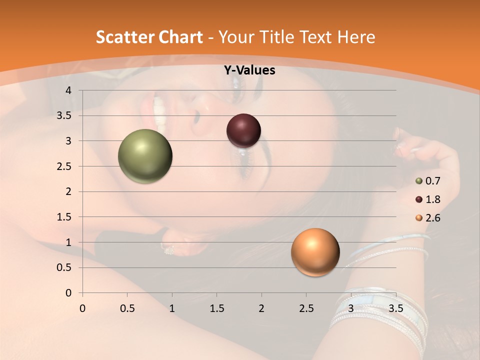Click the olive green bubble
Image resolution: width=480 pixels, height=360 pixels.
click(145, 156)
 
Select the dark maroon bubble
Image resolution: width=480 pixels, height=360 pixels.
click(243, 131)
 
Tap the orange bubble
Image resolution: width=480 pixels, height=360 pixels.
click(315, 252)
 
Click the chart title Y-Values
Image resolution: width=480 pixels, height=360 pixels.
click(249, 70)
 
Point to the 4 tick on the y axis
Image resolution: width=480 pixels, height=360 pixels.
click(69, 90)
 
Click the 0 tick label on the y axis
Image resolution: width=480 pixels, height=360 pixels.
click(69, 293)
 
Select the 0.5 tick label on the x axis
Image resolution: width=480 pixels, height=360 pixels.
click(127, 308)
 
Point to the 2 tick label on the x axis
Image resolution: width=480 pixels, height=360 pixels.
click(261, 308)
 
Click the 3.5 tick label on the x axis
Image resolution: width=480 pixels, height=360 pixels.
click(395, 308)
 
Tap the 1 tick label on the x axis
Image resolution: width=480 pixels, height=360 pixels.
click(172, 308)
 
